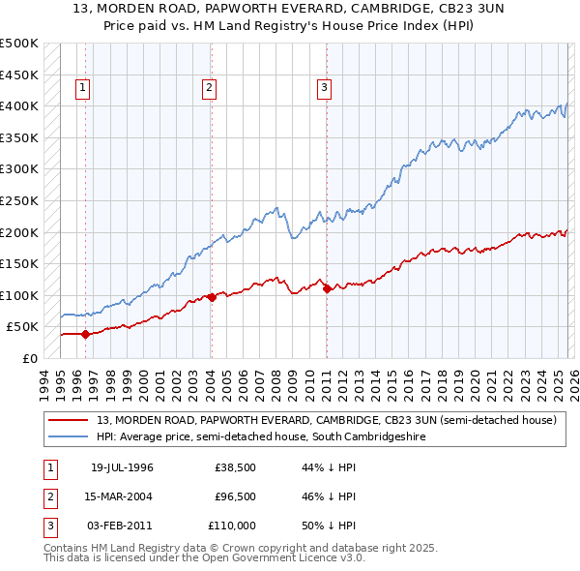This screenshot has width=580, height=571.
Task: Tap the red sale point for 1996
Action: [85, 334]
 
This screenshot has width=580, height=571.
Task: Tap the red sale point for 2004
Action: [211, 297]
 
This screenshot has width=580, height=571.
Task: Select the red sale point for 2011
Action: [327, 288]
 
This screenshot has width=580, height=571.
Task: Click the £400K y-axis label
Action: [20, 105]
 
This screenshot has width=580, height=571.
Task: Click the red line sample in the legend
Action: [69, 421]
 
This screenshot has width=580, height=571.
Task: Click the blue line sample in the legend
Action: [69, 437]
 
